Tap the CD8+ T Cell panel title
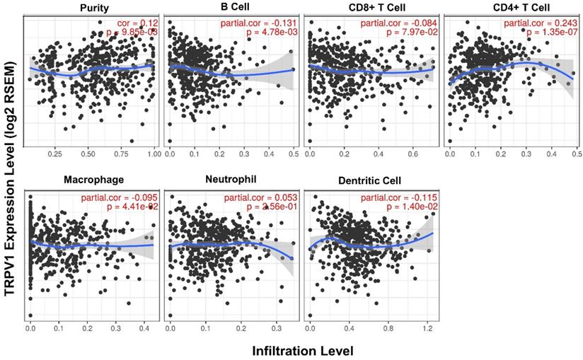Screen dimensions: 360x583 pyautogui.click(x=369, y=8)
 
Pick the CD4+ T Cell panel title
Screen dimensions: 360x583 pyautogui.click(x=508, y=8)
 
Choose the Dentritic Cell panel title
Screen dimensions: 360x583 pyautogui.click(x=369, y=181)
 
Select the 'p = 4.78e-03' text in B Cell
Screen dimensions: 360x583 pyautogui.click(x=265, y=33)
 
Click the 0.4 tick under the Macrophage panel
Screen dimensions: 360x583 pyautogui.click(x=144, y=328)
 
